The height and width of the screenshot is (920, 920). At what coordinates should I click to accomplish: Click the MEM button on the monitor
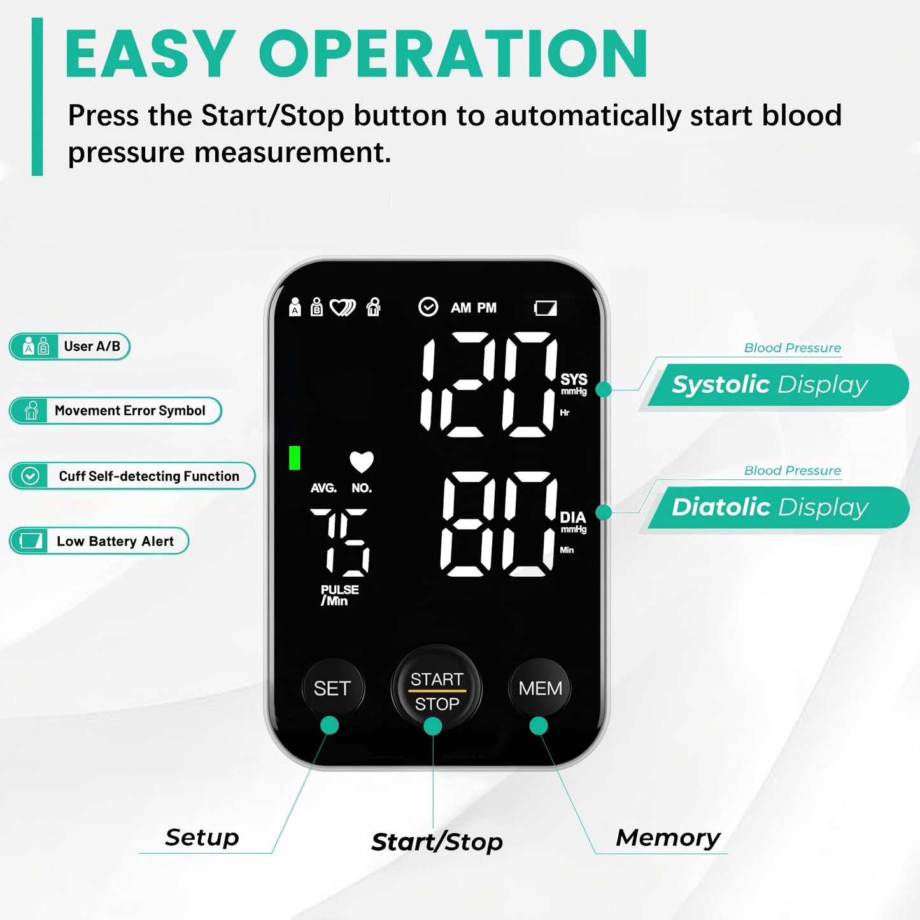[540, 688]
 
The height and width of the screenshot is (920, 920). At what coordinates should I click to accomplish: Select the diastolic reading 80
[499, 524]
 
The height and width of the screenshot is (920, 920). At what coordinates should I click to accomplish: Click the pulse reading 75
[339, 542]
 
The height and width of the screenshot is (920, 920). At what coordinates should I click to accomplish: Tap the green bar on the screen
[294, 458]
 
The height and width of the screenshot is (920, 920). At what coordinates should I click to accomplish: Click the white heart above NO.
[362, 462]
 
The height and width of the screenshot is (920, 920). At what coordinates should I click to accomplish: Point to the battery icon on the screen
[546, 309]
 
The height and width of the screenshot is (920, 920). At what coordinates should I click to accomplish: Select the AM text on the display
[460, 308]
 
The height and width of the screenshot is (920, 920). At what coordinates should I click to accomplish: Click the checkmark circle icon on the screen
[428, 307]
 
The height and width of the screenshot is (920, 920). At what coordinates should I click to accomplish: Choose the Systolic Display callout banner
[778, 385]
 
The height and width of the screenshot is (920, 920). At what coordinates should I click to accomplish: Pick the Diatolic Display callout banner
[778, 507]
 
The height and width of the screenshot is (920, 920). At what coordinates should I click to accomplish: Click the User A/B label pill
[69, 347]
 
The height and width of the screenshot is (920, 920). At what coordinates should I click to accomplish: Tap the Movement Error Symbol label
[115, 411]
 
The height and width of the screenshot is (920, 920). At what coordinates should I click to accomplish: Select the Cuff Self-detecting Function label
[132, 476]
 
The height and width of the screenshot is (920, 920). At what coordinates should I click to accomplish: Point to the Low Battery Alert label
[99, 541]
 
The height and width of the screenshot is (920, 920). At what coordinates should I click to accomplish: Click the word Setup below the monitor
[202, 837]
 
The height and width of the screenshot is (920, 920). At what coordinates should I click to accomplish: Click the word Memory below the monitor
[668, 838]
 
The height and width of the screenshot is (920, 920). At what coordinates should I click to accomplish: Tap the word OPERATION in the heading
[453, 55]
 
